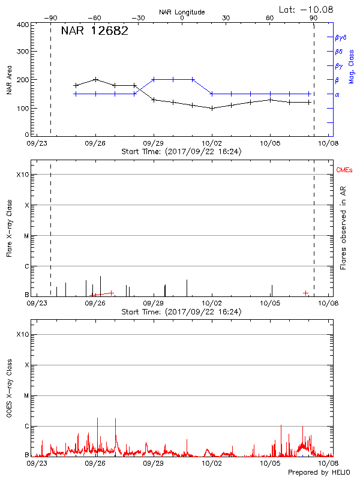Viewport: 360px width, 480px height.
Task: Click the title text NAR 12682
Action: pos(94,31)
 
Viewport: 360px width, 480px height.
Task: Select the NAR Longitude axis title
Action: pos(182,12)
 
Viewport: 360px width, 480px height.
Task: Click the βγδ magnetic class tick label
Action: pos(340,37)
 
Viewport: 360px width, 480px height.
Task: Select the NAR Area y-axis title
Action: pos(9,80)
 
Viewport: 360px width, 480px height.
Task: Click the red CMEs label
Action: pos(344,170)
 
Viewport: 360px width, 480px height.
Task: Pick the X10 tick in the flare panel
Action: pos(22,175)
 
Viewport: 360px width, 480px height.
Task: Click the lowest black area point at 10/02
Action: pos(212,108)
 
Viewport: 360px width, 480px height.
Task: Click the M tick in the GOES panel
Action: pos(26,396)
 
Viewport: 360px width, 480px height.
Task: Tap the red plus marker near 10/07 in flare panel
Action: pos(305,293)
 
